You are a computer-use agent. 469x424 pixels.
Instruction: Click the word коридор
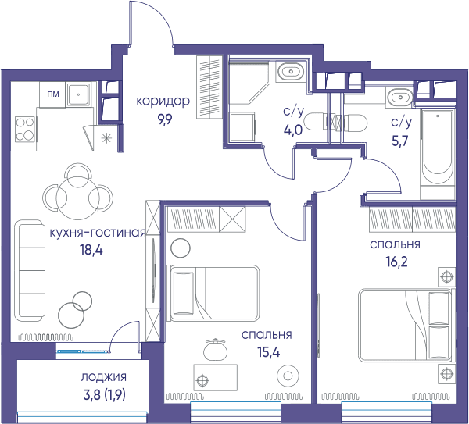coord(163,102)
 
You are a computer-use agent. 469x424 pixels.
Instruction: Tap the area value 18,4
coord(91,250)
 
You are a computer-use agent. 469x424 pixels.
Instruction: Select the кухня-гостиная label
coord(98,232)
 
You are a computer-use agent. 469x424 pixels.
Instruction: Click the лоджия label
coord(103,377)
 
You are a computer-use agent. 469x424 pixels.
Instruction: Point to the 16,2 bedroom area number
coord(396,262)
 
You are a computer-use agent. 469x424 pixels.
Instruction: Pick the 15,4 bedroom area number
coord(269,352)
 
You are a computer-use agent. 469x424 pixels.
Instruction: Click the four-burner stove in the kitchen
coord(25,130)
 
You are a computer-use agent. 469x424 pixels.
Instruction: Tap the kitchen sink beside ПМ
coord(79,94)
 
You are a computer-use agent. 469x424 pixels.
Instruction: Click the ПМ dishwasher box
coord(52,94)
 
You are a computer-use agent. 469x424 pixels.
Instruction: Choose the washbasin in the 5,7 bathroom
coord(399,98)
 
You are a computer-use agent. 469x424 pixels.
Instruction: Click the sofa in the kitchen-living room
coord(30,271)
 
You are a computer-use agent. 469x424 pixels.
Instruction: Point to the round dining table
coord(77,198)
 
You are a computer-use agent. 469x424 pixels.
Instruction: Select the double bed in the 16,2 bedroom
coord(405,325)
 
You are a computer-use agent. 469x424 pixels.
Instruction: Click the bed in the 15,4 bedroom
coord(213,293)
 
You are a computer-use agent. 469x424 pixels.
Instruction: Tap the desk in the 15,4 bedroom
coord(216,377)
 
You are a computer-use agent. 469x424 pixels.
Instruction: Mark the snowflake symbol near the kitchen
coord(107,138)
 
